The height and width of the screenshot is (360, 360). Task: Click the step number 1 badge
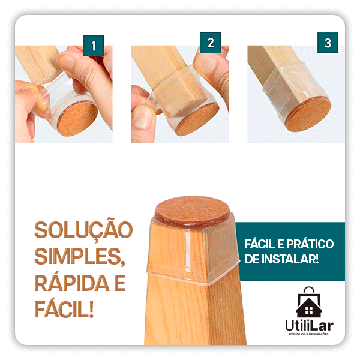pyautogui.click(x=93, y=45)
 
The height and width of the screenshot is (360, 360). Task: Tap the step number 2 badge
pyautogui.click(x=211, y=43)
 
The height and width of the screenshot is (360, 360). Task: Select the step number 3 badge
pyautogui.click(x=327, y=43)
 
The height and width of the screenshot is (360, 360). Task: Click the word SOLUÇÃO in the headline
pyautogui.click(x=83, y=231)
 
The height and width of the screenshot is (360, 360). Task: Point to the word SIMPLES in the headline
pyautogui.click(x=79, y=257)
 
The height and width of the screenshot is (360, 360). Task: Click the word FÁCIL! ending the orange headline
pyautogui.click(x=64, y=309)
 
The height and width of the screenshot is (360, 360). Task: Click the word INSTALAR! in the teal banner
pyautogui.click(x=291, y=259)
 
